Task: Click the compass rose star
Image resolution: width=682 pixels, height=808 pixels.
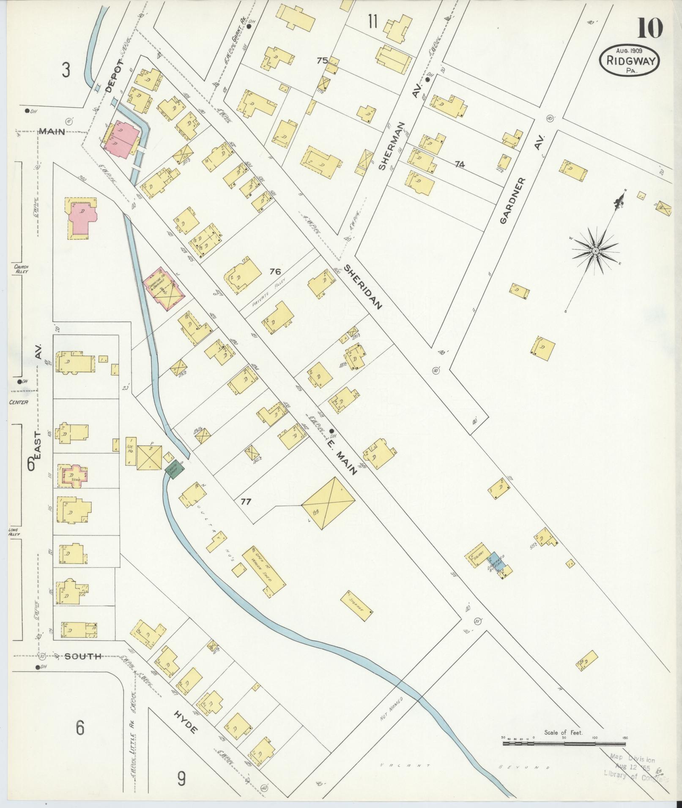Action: pos(595,251)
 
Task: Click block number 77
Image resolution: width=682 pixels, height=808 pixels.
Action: pos(246,502)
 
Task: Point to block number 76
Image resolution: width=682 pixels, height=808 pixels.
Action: pos(275,271)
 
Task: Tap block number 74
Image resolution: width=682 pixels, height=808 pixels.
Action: pos(460,165)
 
